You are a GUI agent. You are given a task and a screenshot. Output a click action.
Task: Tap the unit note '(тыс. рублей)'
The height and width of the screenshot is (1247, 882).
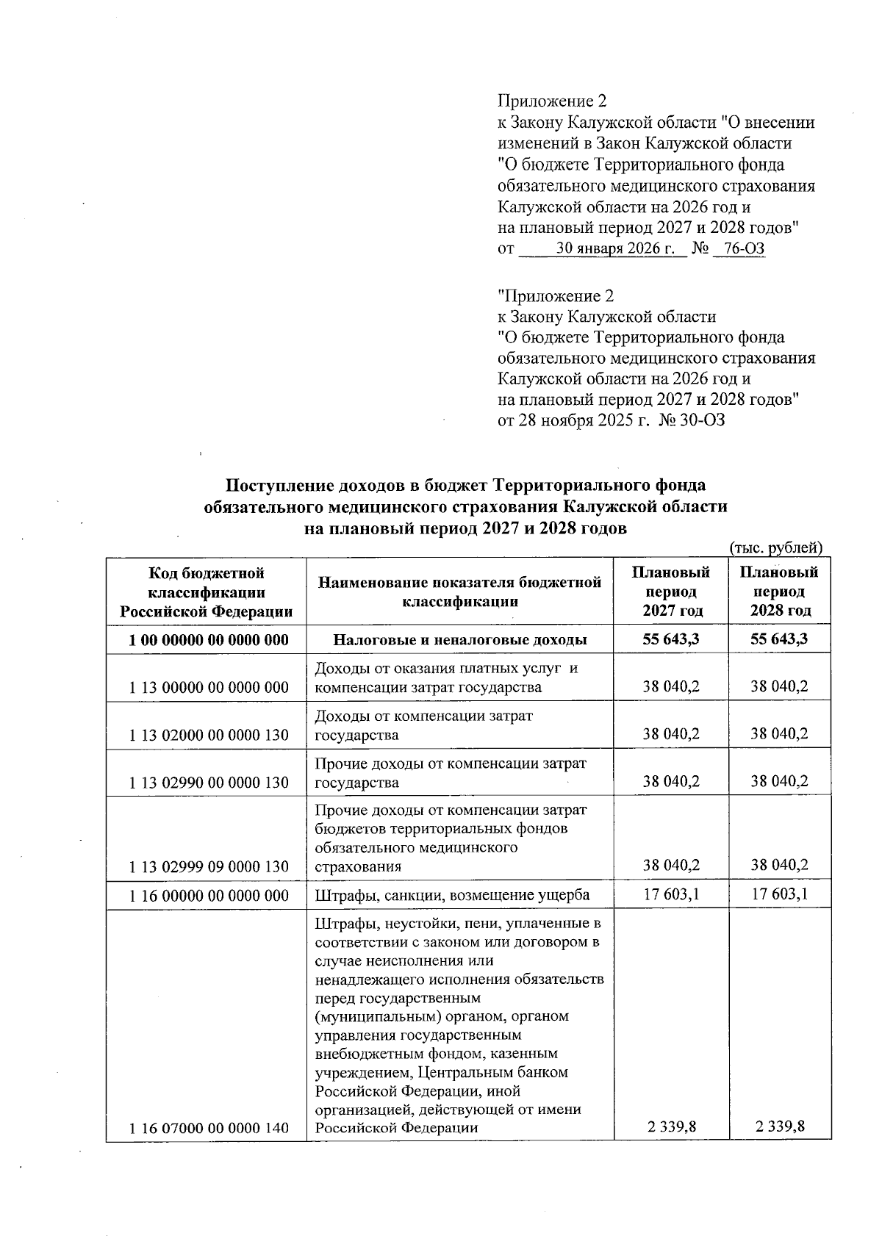pyautogui.click(x=775, y=547)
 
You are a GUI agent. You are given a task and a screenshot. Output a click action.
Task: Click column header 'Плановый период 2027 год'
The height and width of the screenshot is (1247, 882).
pyautogui.click(x=670, y=592)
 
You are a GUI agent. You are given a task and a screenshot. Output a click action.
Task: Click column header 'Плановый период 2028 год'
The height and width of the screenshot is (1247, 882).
pyautogui.click(x=779, y=592)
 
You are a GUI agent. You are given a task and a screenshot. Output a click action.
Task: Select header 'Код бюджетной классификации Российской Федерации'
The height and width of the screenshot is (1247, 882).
pyautogui.click(x=207, y=592)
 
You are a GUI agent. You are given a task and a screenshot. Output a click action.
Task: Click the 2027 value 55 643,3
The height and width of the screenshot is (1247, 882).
pyautogui.click(x=670, y=639)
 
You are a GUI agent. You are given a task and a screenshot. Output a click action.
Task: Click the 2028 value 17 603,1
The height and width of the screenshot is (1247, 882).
pyautogui.click(x=779, y=895)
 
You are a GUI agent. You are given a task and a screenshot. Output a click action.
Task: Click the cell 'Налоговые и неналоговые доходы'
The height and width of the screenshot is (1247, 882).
pyautogui.click(x=460, y=639)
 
